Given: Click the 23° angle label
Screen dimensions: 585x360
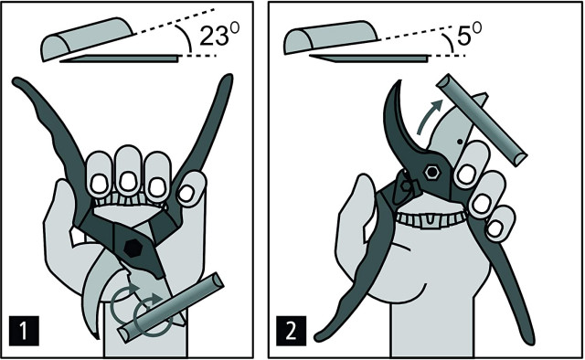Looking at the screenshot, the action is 219,35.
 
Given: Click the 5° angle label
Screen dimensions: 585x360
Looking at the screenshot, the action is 469,34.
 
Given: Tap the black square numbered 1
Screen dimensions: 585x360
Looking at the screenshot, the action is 24,331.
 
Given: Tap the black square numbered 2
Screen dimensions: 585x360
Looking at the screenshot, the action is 291,331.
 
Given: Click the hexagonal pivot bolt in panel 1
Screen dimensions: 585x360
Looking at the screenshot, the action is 132,249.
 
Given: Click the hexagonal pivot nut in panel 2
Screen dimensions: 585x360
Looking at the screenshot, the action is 432,173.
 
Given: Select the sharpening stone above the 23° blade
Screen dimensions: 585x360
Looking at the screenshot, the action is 88,38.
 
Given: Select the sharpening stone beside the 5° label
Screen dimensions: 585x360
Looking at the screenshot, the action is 331,37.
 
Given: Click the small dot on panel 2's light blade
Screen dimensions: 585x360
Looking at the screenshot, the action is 460,142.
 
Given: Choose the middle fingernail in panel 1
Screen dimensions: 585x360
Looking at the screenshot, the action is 128,181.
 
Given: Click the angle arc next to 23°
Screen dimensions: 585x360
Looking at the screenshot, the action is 186,38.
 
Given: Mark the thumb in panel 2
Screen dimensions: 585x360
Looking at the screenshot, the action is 354,224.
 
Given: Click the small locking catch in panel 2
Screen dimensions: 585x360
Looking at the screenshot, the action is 409,185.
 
